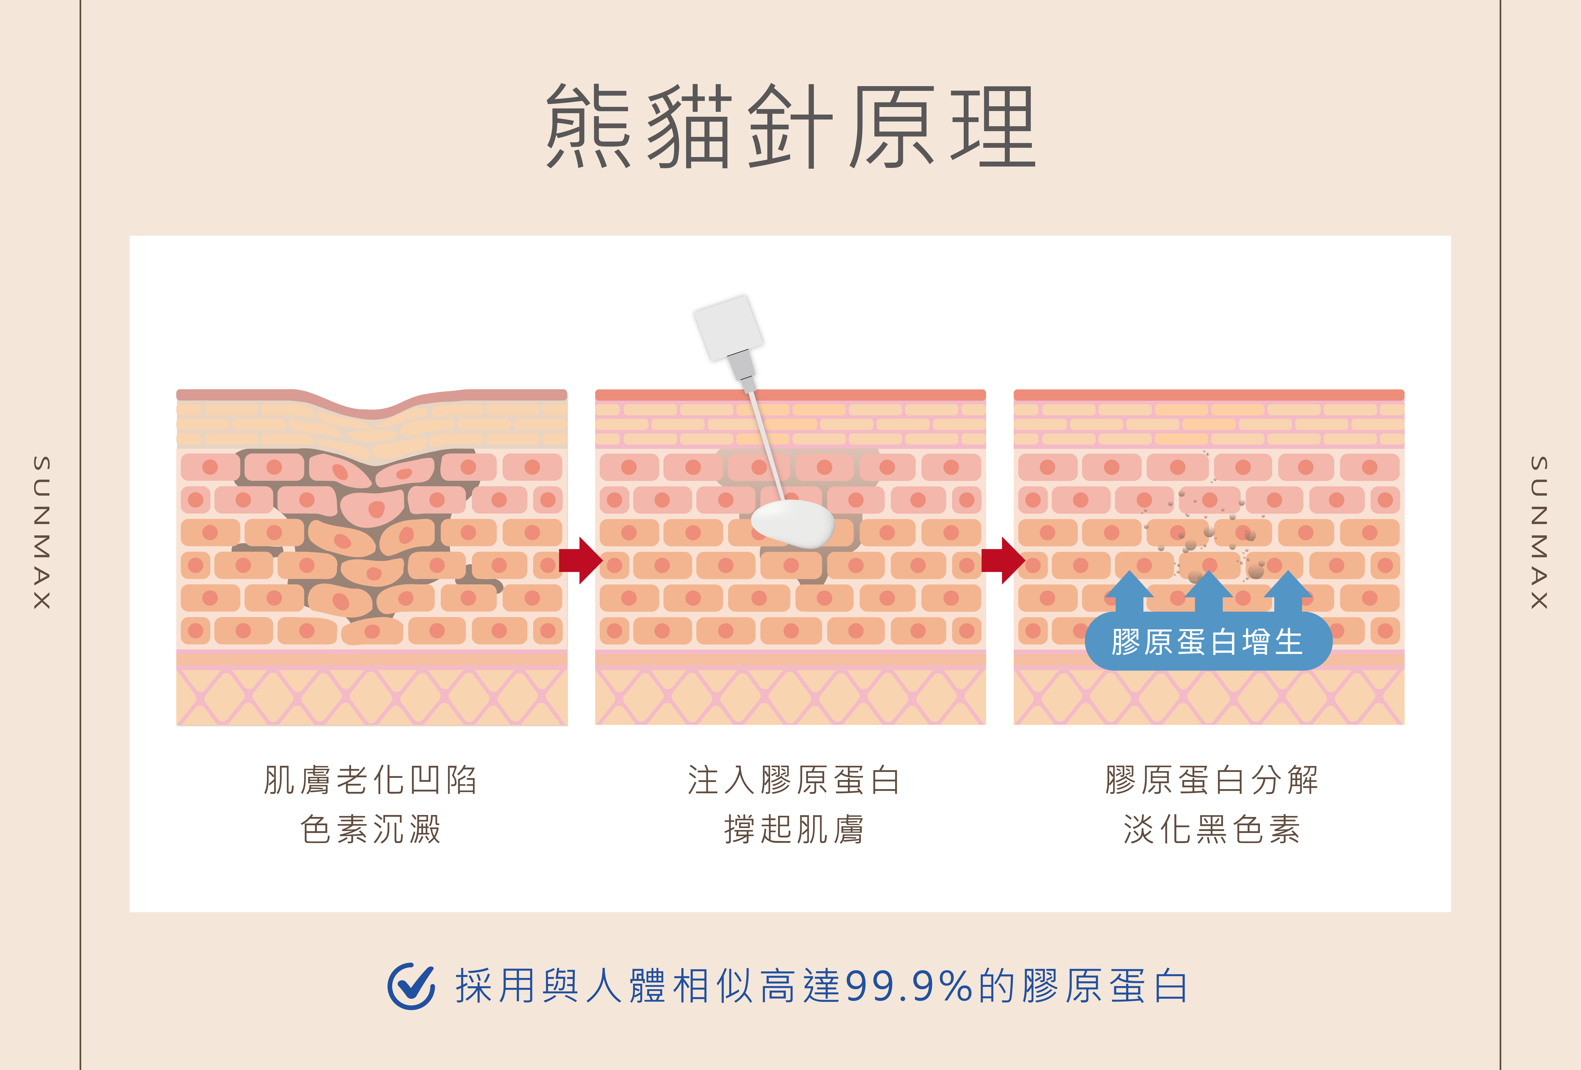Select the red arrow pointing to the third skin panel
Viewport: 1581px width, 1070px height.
[1003, 561]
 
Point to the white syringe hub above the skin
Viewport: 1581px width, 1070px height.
[728, 328]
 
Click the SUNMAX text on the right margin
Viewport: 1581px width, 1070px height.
[1539, 533]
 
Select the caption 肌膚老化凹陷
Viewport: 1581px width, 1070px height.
[371, 780]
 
